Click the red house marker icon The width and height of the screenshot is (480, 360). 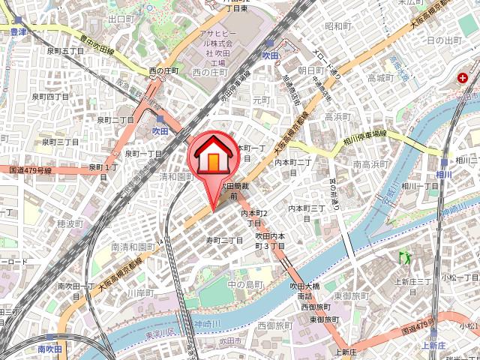point(213,154)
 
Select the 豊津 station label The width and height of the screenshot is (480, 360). point(18,32)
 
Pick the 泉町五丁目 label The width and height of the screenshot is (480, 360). point(66,50)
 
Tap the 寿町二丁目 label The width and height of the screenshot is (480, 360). point(225,240)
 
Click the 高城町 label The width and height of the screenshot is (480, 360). point(380,77)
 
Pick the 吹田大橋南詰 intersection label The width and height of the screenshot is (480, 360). point(305,291)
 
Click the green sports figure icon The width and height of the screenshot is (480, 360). point(406,257)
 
